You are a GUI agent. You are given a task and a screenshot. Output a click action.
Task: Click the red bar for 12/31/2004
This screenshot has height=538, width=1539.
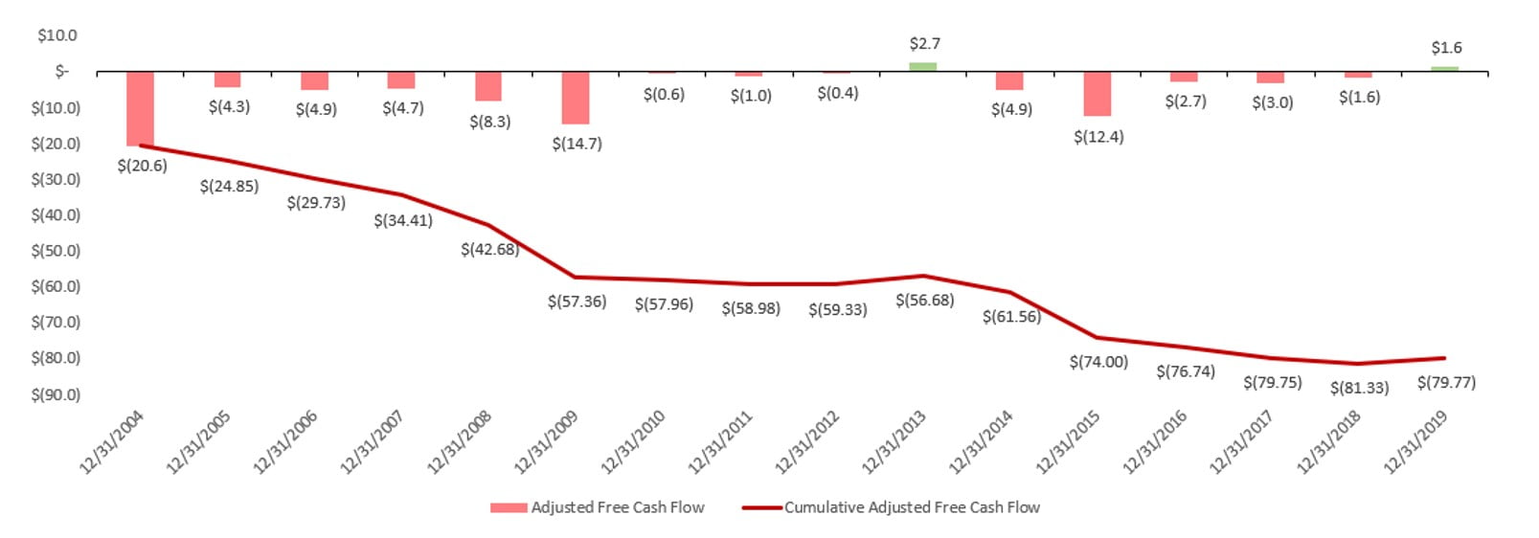140,107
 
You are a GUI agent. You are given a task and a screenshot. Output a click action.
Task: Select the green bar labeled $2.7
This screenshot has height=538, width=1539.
922,67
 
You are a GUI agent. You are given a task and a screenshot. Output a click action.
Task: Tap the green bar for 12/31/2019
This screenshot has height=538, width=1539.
1444,69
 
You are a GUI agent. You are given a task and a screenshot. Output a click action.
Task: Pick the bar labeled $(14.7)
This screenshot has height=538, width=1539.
575,98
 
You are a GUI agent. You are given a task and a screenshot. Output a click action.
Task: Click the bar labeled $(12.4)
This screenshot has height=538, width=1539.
1097,94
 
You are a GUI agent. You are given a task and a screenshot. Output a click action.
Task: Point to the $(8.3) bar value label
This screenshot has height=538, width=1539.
489,122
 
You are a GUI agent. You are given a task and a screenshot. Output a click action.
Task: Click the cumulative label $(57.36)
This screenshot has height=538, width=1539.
577,302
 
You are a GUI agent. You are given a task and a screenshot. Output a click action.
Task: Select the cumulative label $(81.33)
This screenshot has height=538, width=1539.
1359,388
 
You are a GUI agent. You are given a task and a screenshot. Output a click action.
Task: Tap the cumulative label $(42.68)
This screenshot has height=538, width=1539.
489,249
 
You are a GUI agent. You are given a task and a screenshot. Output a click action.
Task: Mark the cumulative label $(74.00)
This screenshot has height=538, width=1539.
1098,362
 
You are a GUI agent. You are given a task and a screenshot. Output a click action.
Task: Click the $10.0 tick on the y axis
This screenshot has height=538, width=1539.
57,35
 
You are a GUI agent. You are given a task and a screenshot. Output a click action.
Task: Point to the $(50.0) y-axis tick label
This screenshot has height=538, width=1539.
56,251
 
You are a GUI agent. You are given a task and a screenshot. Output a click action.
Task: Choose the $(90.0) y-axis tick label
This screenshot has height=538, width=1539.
56,394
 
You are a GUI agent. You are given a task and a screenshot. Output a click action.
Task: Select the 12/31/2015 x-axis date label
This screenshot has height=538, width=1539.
1068,441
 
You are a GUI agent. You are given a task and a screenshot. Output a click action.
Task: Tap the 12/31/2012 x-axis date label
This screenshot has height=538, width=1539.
807,441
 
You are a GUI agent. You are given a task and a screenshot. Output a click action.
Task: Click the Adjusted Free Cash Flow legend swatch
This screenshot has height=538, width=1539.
509,507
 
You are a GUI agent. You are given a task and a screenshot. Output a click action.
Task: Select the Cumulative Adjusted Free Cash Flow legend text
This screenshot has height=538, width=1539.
912,507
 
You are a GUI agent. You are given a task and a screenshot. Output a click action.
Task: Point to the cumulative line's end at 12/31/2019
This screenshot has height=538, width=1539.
1444,358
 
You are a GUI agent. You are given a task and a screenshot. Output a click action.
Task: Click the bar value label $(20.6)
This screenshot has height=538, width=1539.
142,166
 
